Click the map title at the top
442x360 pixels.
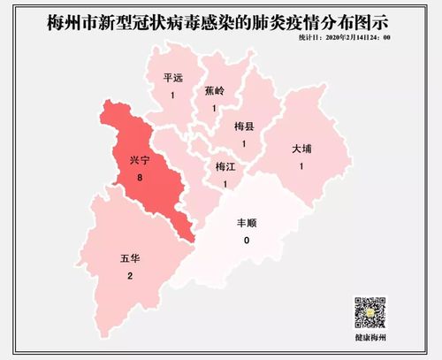point(222,19)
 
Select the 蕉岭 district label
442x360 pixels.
point(214,90)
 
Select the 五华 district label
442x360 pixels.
point(129,259)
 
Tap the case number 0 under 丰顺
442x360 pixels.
point(247,241)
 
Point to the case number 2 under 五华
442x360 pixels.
point(129,277)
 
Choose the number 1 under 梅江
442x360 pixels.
point(226,183)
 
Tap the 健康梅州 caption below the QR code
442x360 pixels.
point(372,340)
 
